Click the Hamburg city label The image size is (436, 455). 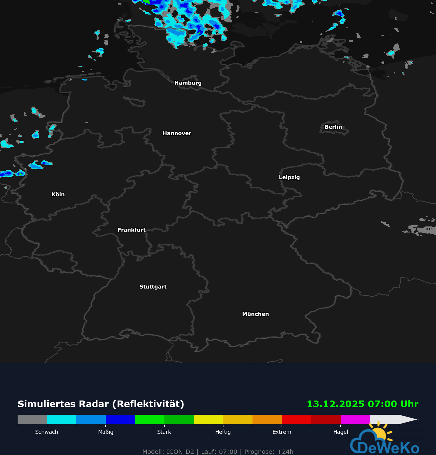(x=188, y=83)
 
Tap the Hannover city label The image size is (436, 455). (x=177, y=133)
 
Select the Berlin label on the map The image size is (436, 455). (x=333, y=127)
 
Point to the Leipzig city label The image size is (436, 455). (x=289, y=177)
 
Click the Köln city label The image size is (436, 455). (x=58, y=194)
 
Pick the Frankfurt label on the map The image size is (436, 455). (x=131, y=230)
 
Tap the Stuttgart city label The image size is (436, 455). (x=153, y=287)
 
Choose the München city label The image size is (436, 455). (x=255, y=314)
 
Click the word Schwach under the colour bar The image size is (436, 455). (x=47, y=432)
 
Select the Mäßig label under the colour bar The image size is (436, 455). (x=106, y=432)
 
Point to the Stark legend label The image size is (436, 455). (x=164, y=432)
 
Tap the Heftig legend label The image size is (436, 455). (x=223, y=432)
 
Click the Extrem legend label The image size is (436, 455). (x=282, y=432)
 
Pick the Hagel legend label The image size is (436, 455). (x=341, y=432)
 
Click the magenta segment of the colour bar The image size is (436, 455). (x=355, y=419)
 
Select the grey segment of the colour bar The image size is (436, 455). (x=32, y=419)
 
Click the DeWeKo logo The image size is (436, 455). (x=385, y=442)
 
